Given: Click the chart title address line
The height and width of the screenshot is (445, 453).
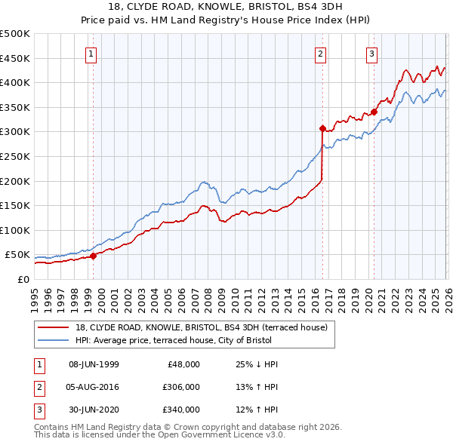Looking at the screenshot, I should click(x=226, y=7).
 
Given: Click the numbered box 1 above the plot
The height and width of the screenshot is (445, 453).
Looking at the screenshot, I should click(x=91, y=53).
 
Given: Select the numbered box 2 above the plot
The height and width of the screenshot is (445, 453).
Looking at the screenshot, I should click(x=321, y=53).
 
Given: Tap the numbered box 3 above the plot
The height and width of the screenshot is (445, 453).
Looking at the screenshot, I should click(x=372, y=53).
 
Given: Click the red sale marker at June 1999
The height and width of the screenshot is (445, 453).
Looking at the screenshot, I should click(x=94, y=256).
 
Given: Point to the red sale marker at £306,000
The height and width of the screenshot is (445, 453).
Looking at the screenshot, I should click(x=322, y=128).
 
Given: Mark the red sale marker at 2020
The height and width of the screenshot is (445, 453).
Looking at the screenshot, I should click(x=374, y=112).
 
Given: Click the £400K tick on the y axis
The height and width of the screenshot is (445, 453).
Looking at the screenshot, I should click(x=15, y=83).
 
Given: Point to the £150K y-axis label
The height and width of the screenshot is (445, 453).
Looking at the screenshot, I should click(x=15, y=205).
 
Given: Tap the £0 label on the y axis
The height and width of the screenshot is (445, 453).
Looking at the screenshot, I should click(x=23, y=279).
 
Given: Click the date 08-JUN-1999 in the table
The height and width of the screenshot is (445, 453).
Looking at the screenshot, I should click(x=94, y=364).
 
